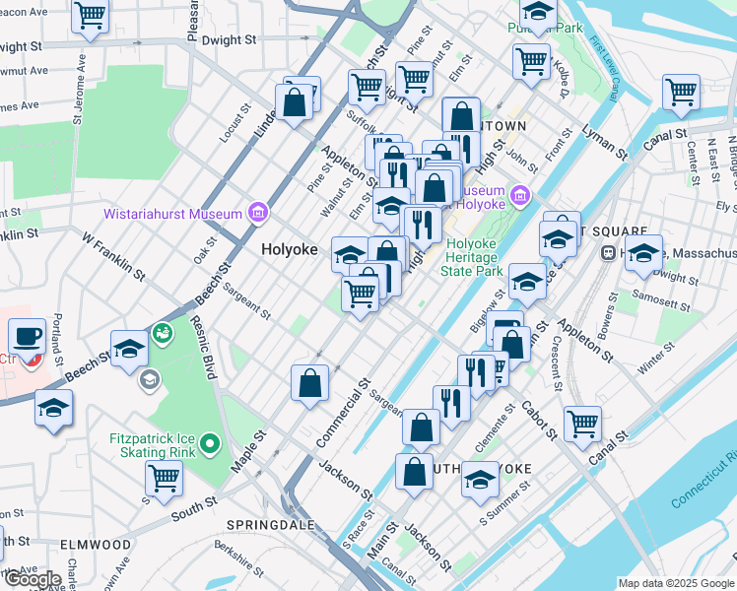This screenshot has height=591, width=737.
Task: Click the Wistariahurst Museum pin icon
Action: tap(257, 213)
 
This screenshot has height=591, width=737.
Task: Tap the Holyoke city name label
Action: tap(290, 250)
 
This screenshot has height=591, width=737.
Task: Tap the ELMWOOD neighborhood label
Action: tap(95, 544)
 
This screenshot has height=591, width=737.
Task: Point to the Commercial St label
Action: tap(343, 413)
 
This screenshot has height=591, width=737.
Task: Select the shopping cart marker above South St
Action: tap(164, 479)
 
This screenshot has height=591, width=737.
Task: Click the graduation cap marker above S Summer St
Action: tap(481, 480)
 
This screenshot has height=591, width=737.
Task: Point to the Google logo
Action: tap(33, 579)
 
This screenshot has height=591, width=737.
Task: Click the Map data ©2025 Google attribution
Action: tap(676, 583)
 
